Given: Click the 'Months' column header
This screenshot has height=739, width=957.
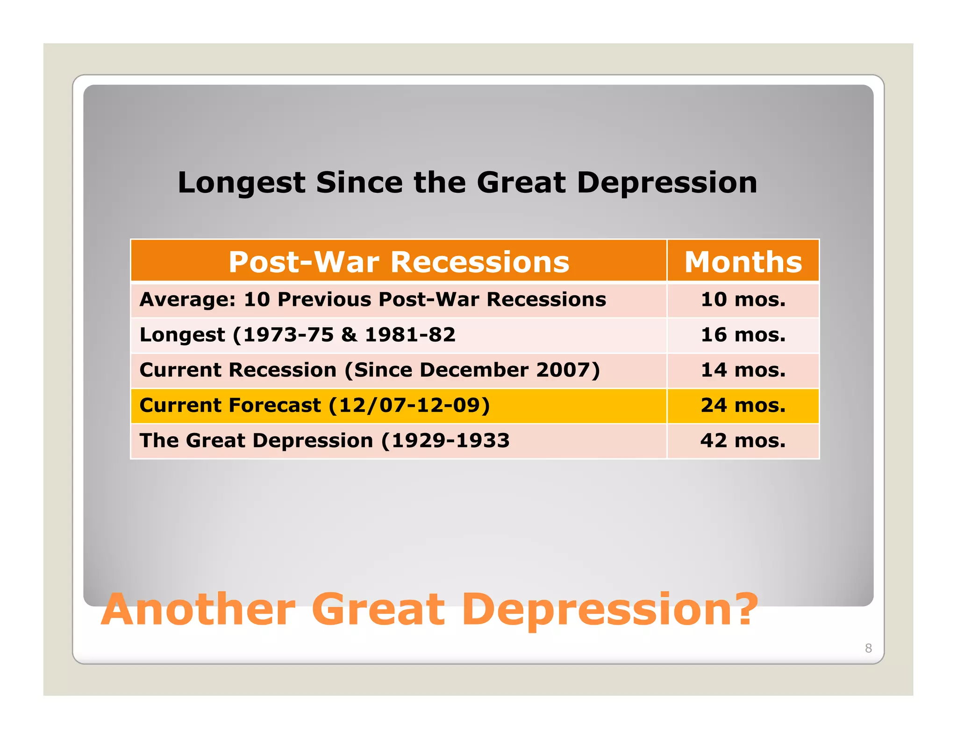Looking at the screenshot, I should tap(743, 262).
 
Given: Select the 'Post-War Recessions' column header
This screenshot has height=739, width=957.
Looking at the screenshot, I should tap(399, 262).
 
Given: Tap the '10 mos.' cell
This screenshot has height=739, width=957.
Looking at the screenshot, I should tap(743, 299).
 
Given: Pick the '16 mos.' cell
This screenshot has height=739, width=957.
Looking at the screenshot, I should tap(743, 335).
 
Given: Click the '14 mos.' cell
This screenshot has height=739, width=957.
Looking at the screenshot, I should tap(743, 370).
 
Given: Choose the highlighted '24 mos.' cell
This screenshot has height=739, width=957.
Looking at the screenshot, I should tap(743, 405).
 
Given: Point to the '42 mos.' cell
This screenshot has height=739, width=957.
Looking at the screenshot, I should tap(743, 441).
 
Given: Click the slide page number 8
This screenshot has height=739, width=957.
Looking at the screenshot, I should tap(868, 648).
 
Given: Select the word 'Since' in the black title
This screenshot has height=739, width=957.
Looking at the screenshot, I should tap(359, 182).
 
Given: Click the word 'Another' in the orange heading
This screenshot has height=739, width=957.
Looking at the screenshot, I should tap(199, 610).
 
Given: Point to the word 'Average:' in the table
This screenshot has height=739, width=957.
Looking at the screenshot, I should tap(187, 299).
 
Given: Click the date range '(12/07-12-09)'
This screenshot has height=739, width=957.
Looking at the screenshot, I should tap(409, 405).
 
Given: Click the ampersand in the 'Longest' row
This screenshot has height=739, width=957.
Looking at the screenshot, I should tap(349, 335).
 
